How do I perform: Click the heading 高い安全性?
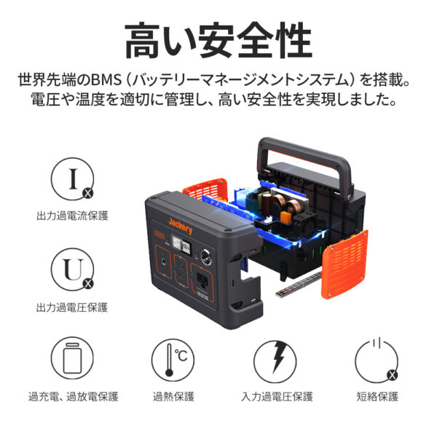pyautogui.click(x=219, y=41)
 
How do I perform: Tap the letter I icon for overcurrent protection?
pyautogui.click(x=72, y=179)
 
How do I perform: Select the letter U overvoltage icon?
pyautogui.click(x=72, y=269)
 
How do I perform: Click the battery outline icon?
pyautogui.click(x=72, y=358)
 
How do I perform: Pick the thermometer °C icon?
pyautogui.click(x=173, y=360)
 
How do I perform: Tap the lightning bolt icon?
pyautogui.click(x=275, y=361)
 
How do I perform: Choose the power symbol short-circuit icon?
pyautogui.click(x=377, y=361)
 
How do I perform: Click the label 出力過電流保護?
pyautogui.click(x=72, y=216)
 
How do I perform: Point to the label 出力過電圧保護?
pyautogui.click(x=72, y=307)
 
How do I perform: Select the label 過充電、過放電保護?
pyautogui.click(x=74, y=396)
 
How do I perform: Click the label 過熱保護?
pyautogui.click(x=173, y=396)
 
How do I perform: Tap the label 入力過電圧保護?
pyautogui.click(x=277, y=396)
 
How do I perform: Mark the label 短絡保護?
pyautogui.click(x=377, y=396)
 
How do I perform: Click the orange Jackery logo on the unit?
pyautogui.click(x=181, y=227)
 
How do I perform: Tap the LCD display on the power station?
pyautogui.click(x=181, y=245)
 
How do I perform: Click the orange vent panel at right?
pyautogui.click(x=345, y=264)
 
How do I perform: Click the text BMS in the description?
pyautogui.click(x=106, y=79)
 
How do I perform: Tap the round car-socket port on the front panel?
pyautogui.click(x=206, y=257)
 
